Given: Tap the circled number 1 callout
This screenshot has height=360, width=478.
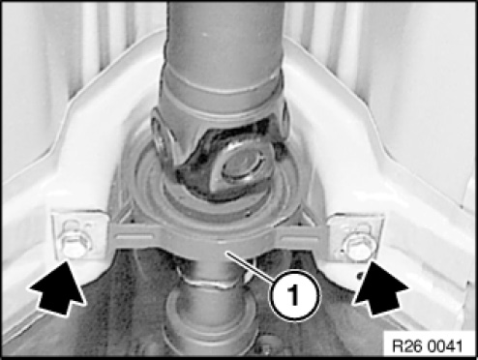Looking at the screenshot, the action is click(295, 295).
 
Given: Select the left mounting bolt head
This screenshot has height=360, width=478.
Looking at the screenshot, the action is click(73, 247).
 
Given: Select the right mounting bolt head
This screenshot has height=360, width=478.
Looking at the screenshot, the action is click(356, 248).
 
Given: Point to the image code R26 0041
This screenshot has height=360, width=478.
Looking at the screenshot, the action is click(428, 346).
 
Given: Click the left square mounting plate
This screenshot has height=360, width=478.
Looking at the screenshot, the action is click(80, 235).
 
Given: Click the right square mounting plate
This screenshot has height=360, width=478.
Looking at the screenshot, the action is click(355, 238).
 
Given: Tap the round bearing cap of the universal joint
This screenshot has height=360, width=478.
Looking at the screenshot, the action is click(241, 165).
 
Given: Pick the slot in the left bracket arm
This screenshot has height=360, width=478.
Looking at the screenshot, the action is click(134, 238).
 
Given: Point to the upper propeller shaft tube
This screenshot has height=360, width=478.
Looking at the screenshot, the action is click(224, 36).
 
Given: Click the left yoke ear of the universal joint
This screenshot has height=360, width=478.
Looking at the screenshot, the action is click(162, 142).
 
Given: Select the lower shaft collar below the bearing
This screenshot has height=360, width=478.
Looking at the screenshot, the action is click(210, 319).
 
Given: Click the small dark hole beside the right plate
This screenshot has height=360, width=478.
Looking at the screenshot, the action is click(360, 275).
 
